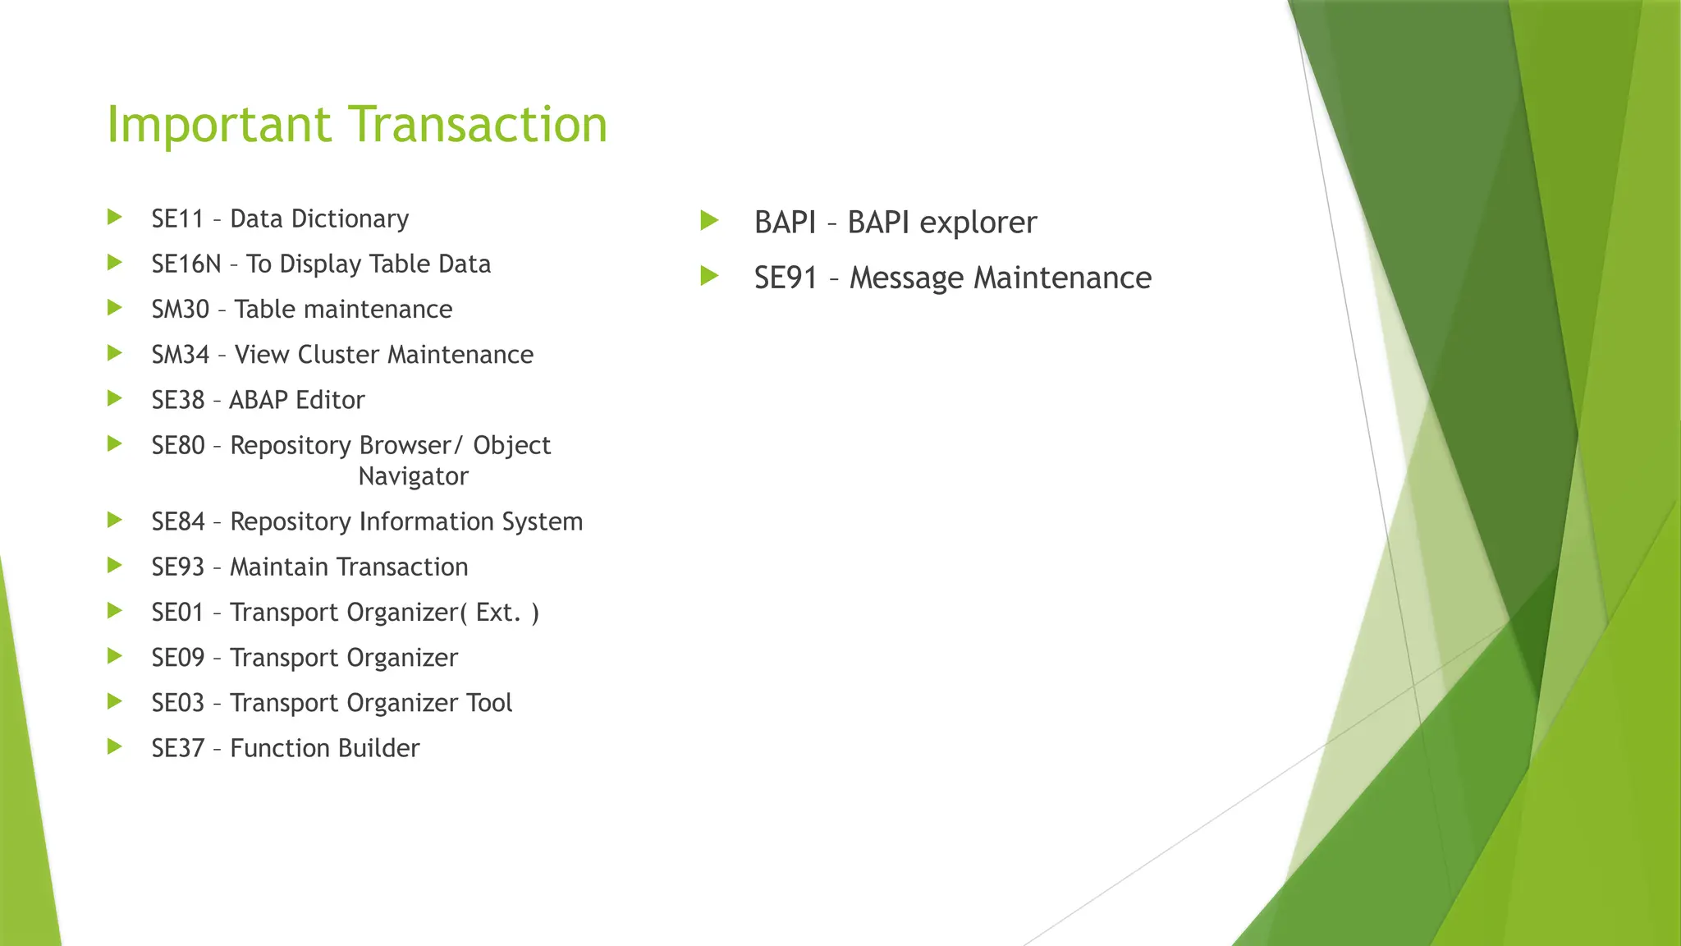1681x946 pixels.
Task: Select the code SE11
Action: tap(177, 219)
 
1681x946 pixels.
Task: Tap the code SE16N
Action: tap(186, 264)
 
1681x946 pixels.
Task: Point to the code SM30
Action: tap(181, 310)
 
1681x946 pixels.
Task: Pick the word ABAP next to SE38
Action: tap(259, 400)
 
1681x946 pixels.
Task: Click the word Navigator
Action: tap(413, 476)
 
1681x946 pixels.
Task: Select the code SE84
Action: tap(178, 521)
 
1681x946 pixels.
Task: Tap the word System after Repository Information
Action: tap(542, 521)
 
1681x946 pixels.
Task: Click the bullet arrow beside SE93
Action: tap(115, 566)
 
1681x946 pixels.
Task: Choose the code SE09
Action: tap(178, 658)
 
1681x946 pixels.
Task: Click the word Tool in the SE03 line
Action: tap(489, 703)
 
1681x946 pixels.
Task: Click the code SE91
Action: tap(786, 278)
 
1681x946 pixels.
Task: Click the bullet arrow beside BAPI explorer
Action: tap(710, 220)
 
